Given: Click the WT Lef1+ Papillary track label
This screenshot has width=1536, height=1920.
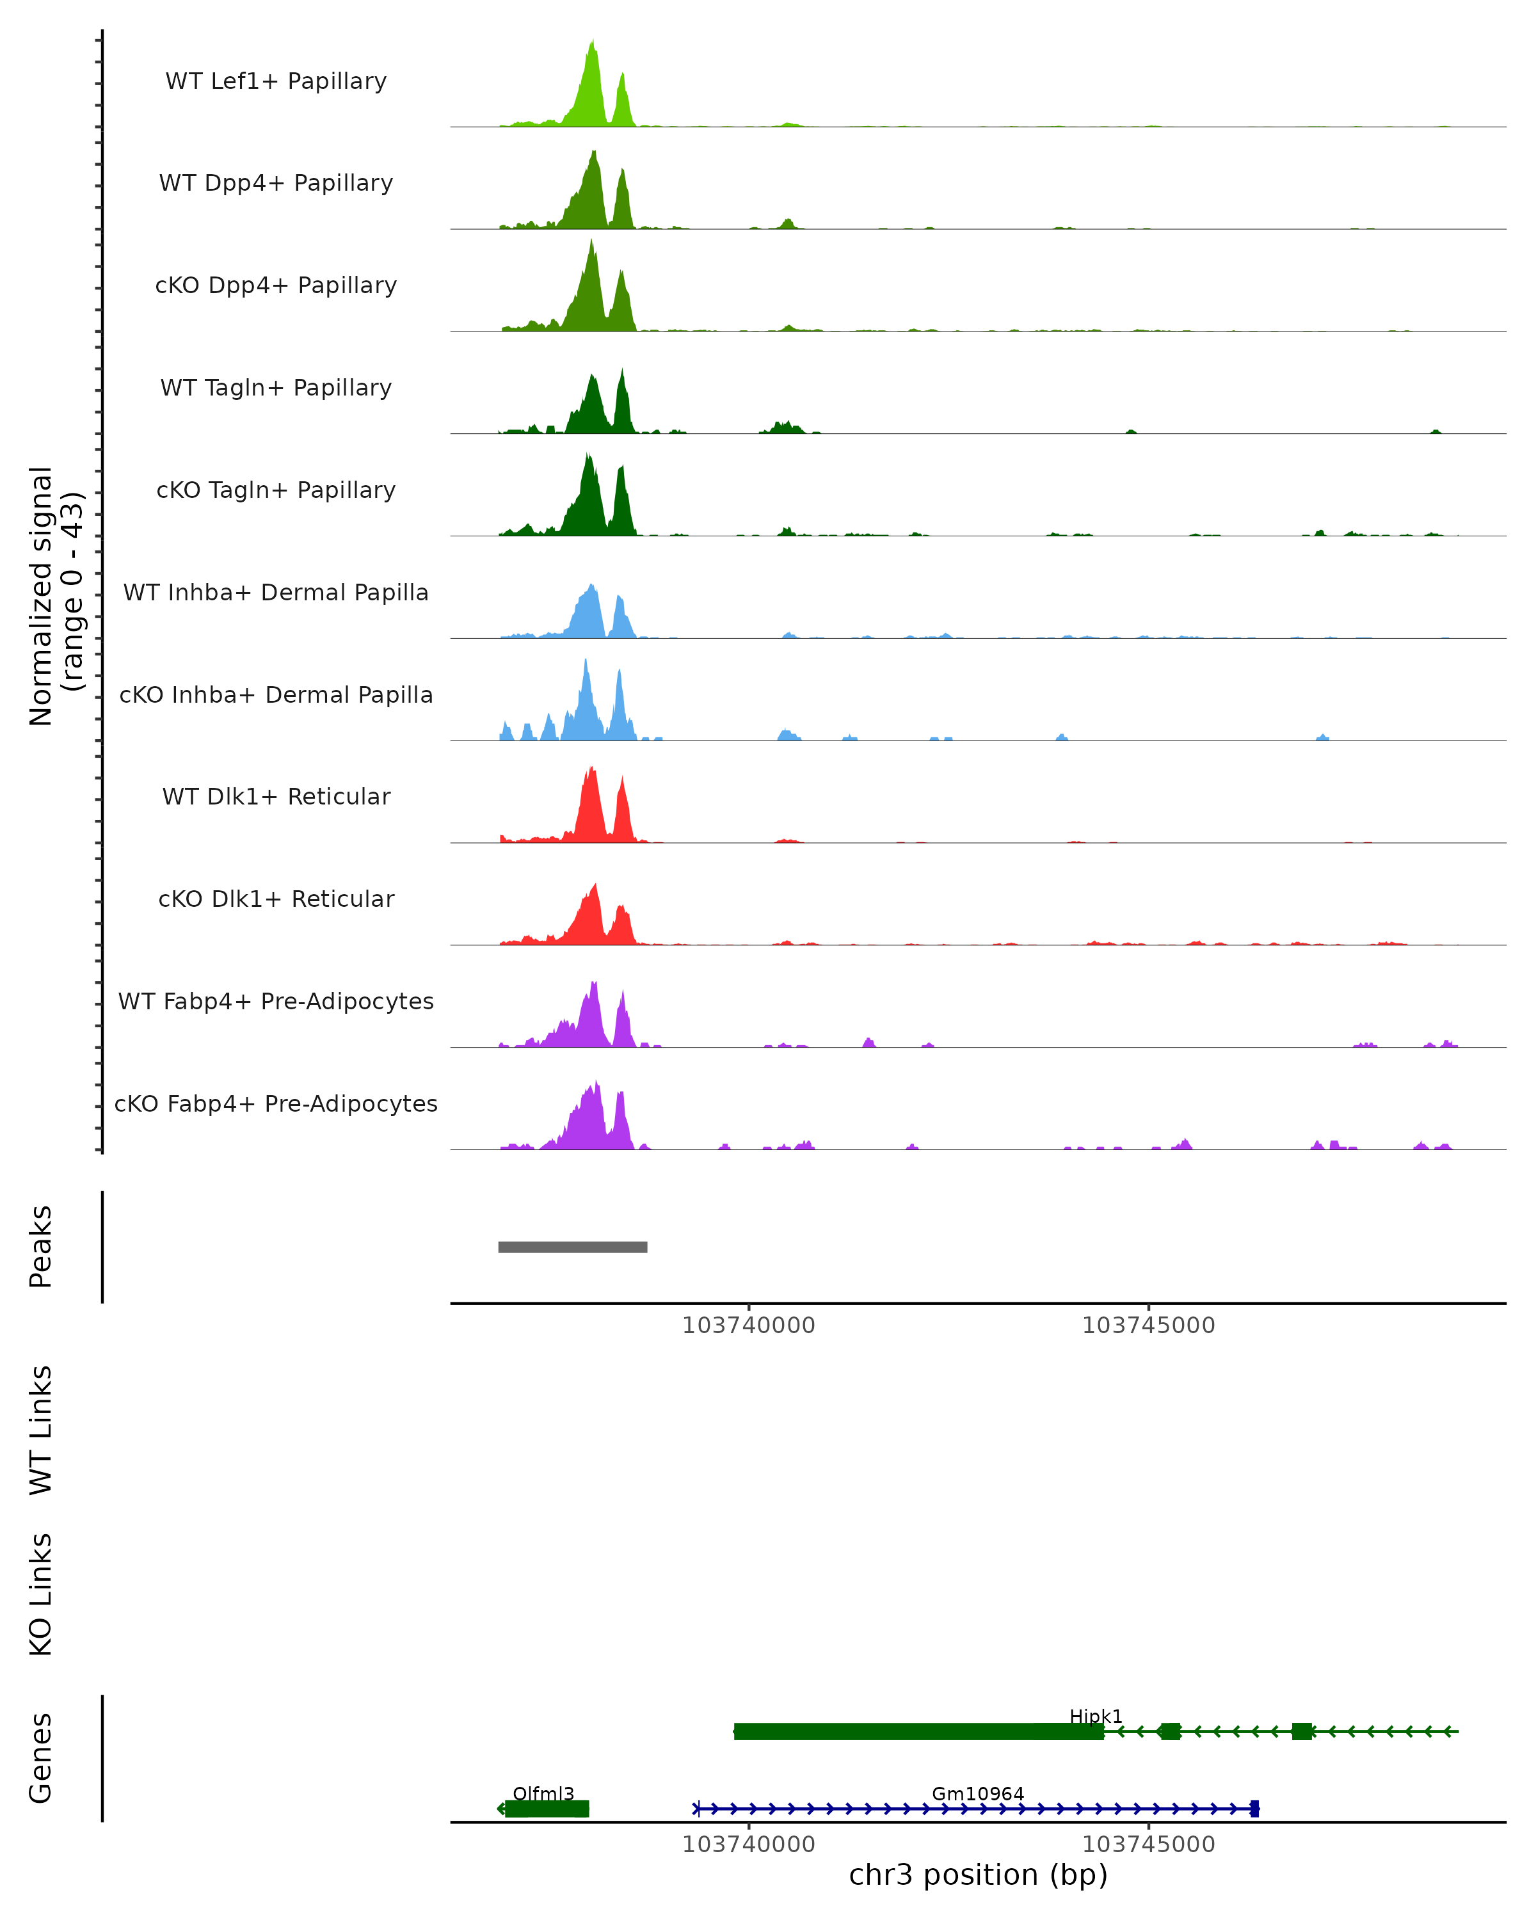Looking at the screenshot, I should point(276,82).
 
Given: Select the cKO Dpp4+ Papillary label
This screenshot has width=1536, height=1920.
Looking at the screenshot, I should point(276,286).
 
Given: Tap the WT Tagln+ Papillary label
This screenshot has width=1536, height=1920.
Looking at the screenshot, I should point(276,388).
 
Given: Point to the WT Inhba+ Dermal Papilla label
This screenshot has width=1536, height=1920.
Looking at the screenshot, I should point(276,593).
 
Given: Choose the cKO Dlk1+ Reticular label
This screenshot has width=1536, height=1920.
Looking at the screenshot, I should point(276,899).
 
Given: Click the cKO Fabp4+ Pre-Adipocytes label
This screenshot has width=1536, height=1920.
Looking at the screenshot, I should point(276,1104).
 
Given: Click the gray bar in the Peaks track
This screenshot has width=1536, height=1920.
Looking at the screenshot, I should point(573,1247).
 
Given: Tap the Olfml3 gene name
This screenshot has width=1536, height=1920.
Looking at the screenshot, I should point(543,1793).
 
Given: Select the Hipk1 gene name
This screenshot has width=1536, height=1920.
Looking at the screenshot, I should point(1095,1716).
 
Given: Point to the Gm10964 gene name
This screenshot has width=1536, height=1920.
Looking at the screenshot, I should point(978,1793).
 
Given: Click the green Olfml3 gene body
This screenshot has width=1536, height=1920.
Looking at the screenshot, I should point(547,1809).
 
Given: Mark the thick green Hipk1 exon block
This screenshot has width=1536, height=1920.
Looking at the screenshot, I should point(917,1731).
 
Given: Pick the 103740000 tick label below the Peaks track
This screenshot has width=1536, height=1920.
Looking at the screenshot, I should point(748,1326).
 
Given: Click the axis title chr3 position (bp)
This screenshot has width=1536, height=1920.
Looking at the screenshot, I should point(978,1875).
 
